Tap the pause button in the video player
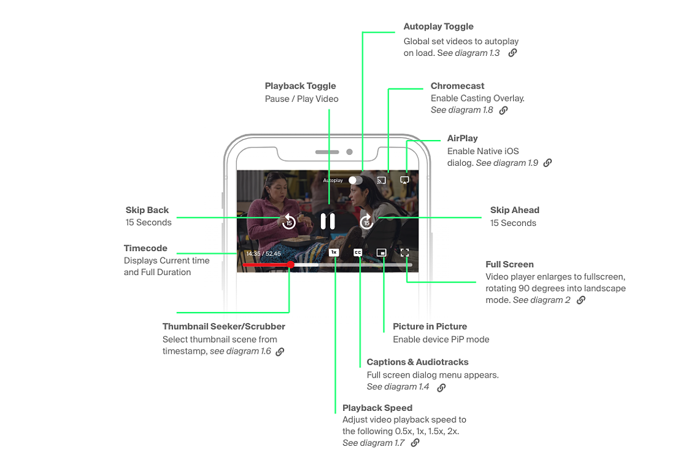[x=328, y=221]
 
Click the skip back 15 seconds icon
[x=289, y=221]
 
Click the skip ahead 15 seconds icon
[x=366, y=221]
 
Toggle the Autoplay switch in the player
[x=355, y=180]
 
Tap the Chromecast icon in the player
[x=382, y=180]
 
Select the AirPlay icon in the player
[x=404, y=180]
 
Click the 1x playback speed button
[x=334, y=252]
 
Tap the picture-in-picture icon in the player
[x=381, y=252]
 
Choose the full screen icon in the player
[x=404, y=252]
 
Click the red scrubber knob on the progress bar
[x=291, y=265]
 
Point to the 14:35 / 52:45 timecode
[x=263, y=254]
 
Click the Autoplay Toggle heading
[x=439, y=26]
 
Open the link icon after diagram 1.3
[x=512, y=53]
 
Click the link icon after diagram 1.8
[x=503, y=110]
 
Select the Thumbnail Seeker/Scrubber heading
[x=224, y=327]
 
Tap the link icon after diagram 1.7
[x=415, y=443]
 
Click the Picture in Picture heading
[x=430, y=327]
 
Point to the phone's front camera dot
[x=350, y=152]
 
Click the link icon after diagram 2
[x=581, y=300]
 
